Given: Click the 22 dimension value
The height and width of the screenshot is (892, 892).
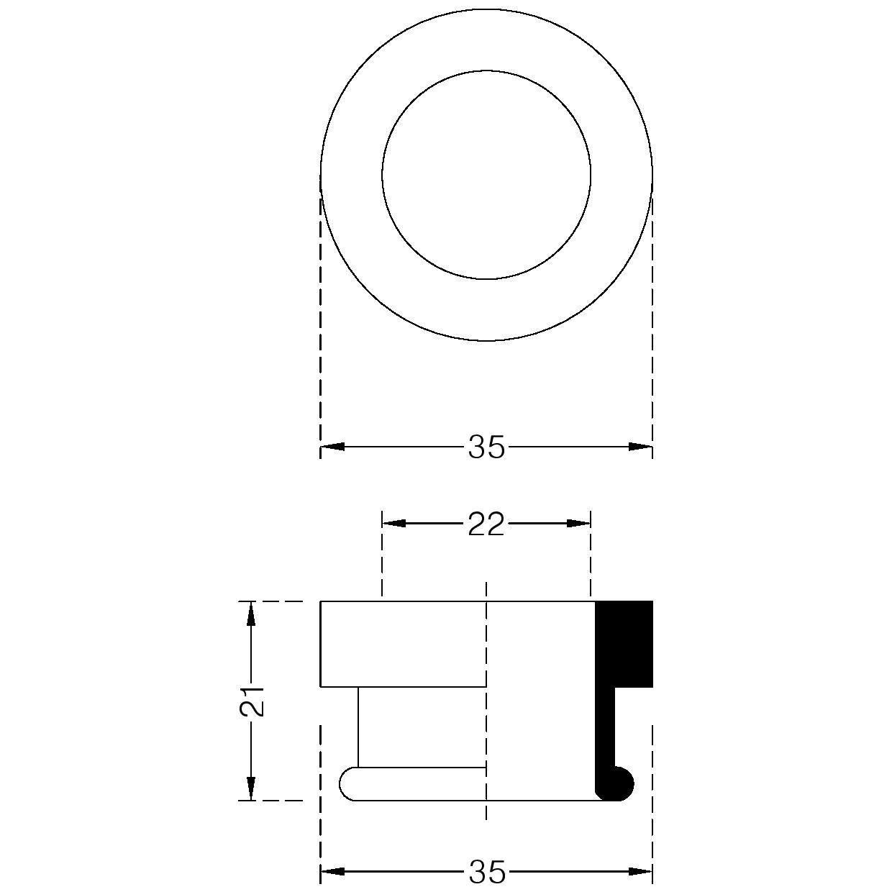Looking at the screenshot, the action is pos(486,524).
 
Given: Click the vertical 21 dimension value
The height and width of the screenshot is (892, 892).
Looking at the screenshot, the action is pos(252,701).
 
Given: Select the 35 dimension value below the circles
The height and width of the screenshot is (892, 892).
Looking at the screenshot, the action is pos(486,447).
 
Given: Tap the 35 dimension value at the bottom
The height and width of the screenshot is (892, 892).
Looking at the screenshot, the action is pos(486,871).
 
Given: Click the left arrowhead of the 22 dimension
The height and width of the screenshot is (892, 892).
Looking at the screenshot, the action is pos(394,524).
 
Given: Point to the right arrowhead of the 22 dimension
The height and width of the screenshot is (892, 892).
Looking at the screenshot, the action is pos(579,524).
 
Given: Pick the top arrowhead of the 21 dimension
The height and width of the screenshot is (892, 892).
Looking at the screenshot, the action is pos(250,614).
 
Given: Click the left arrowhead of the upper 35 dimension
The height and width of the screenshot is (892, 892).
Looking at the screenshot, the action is pos(333,447).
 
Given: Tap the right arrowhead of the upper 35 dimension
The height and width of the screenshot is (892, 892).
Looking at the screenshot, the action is pos(640,447).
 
